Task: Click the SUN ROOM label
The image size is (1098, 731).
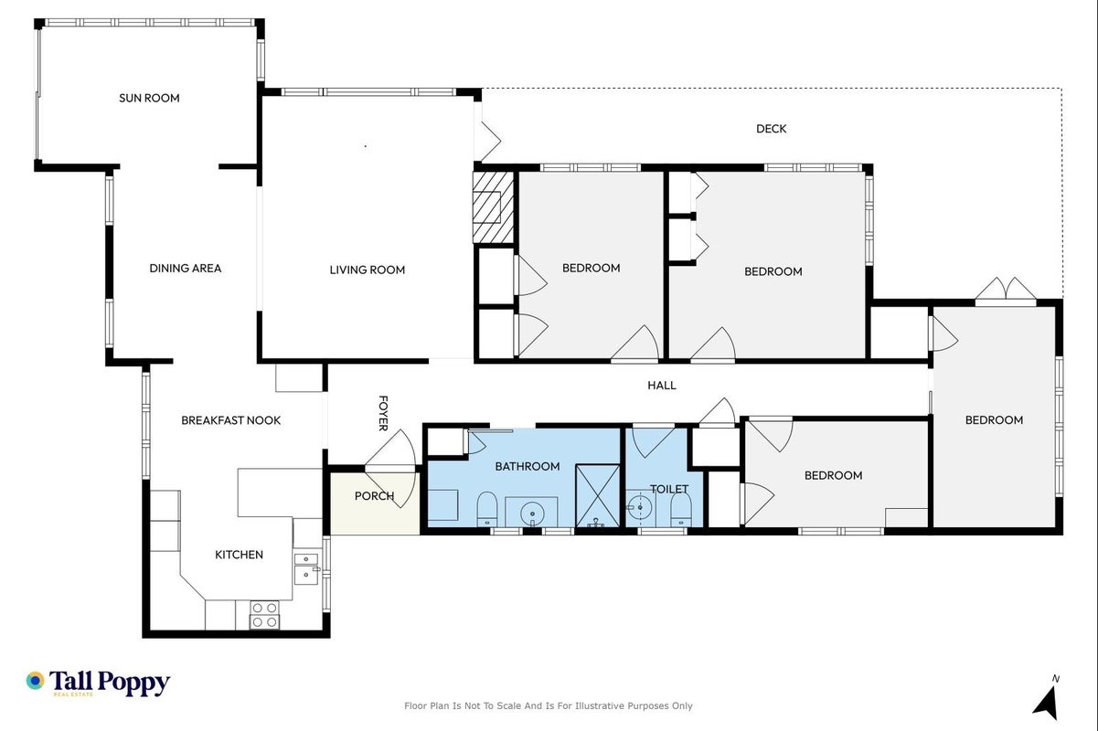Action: (x=149, y=98)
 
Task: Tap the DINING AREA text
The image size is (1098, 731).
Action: (x=186, y=269)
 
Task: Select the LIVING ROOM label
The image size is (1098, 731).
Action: (x=368, y=270)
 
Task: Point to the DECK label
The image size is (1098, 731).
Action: (x=771, y=129)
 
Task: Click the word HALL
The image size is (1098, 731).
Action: (x=662, y=386)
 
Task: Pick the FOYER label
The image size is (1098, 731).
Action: (x=383, y=413)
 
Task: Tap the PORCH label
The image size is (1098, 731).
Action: (x=374, y=496)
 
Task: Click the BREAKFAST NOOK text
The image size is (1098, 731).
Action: (x=231, y=420)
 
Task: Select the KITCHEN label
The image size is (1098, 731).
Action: (x=240, y=555)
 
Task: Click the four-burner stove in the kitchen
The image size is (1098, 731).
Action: (x=265, y=615)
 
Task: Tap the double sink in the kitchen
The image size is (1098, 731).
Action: (x=306, y=568)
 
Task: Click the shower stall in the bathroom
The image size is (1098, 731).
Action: (x=598, y=496)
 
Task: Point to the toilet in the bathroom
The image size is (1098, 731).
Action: (x=486, y=509)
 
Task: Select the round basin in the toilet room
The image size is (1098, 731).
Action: (x=640, y=507)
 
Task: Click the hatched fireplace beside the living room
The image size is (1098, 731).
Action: (x=493, y=207)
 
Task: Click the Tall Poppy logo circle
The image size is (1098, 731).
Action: (x=36, y=681)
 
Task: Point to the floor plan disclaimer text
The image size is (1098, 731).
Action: (x=548, y=706)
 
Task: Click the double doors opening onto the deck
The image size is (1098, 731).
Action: (x=1006, y=290)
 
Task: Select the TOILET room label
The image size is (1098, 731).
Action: (x=669, y=489)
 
